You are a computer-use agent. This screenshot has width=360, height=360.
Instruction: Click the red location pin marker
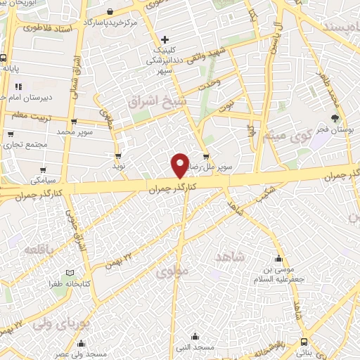(x=180, y=165)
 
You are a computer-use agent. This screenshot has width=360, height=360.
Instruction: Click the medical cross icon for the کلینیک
(x=165, y=39)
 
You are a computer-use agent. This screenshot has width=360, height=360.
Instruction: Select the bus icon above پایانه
(x=5, y=58)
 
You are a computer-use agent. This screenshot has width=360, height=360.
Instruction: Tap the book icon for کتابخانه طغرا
(x=70, y=273)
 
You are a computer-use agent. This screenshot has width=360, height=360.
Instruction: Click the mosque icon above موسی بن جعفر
(x=279, y=257)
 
